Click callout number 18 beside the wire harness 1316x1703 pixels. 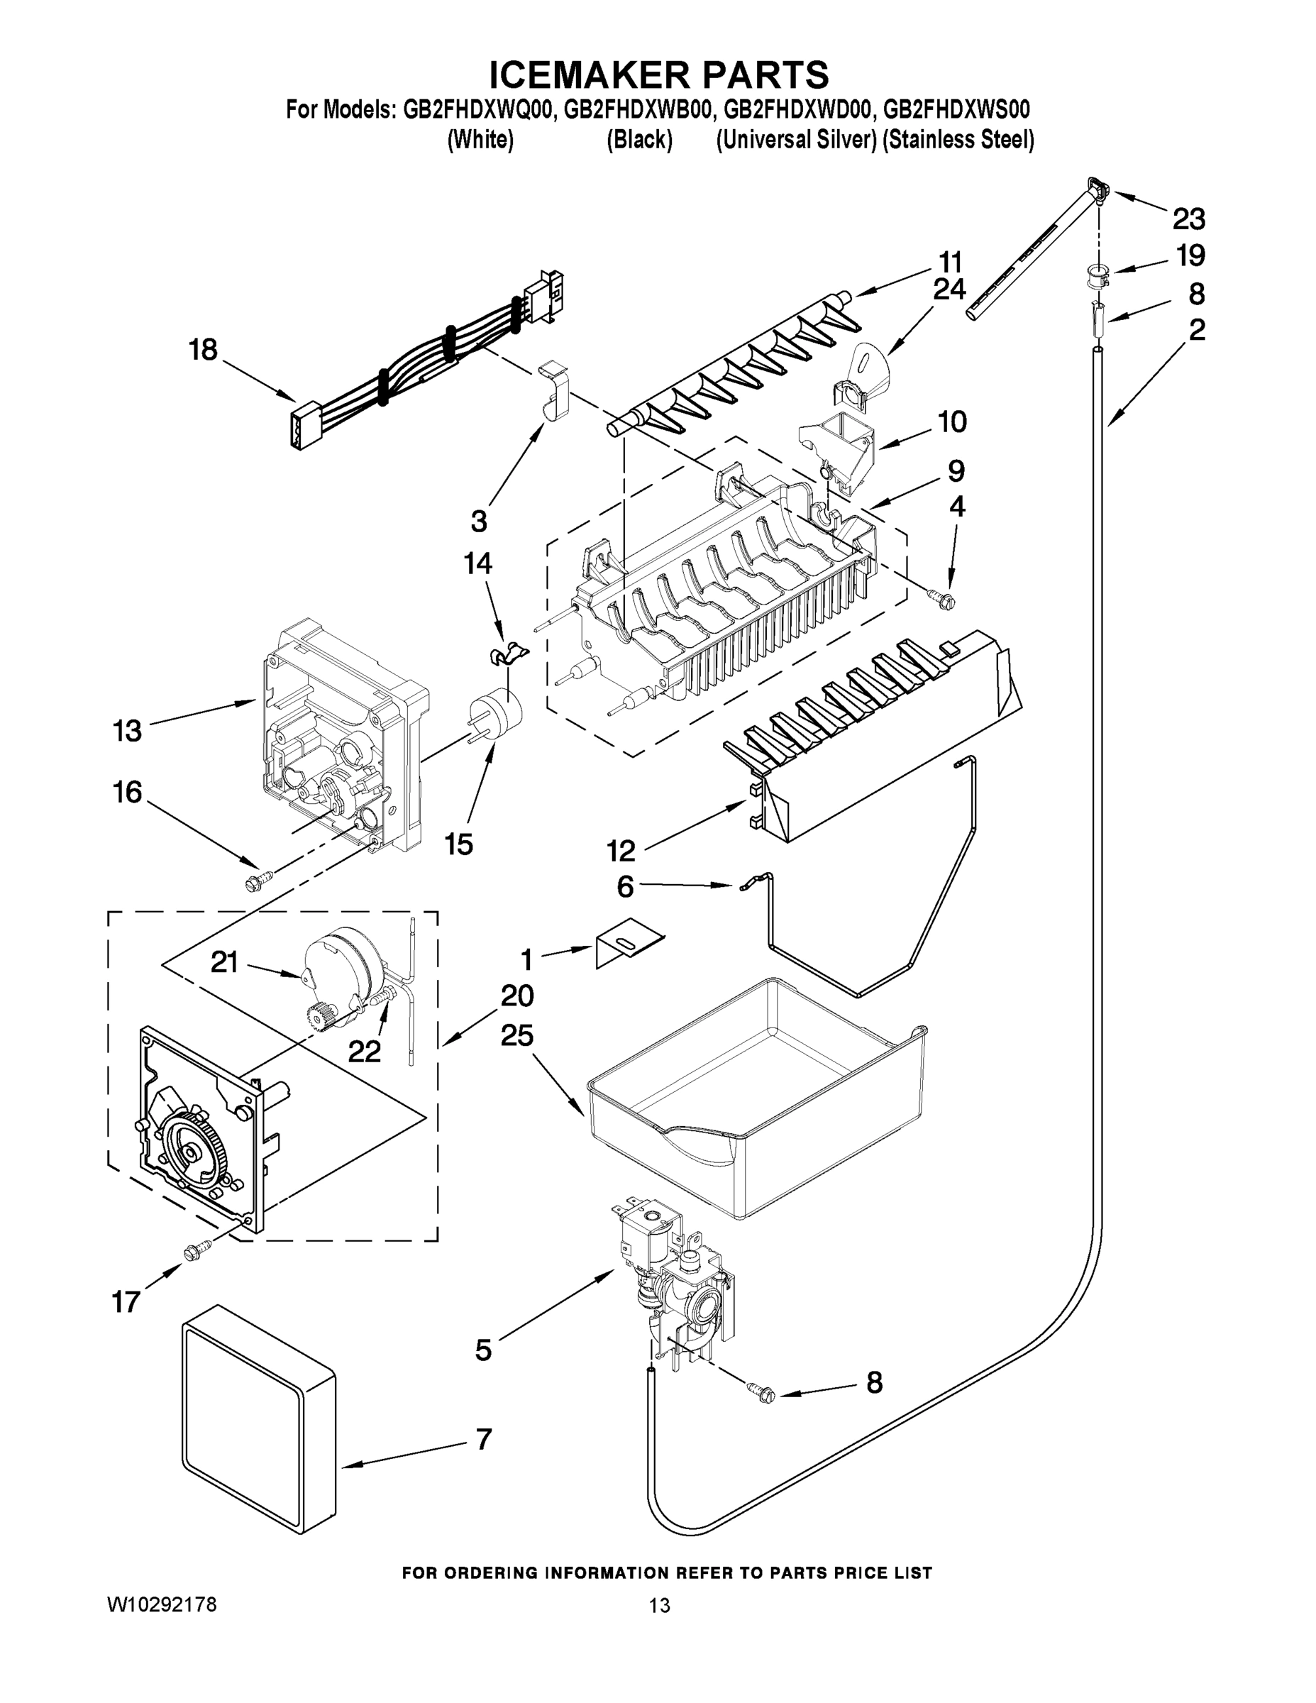pos(203,349)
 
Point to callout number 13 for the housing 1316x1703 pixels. pos(127,731)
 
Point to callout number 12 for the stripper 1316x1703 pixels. pos(621,851)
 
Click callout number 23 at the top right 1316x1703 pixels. pos(1189,219)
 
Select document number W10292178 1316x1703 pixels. pos(161,1605)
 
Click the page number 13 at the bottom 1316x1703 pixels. pos(659,1606)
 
